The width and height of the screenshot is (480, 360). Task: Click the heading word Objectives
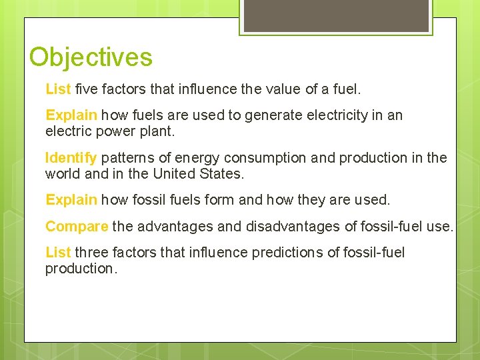[91, 57]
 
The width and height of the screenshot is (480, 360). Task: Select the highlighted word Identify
[71, 158]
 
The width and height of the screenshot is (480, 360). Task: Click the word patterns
[127, 158]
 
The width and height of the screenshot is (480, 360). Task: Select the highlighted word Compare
[77, 227]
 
